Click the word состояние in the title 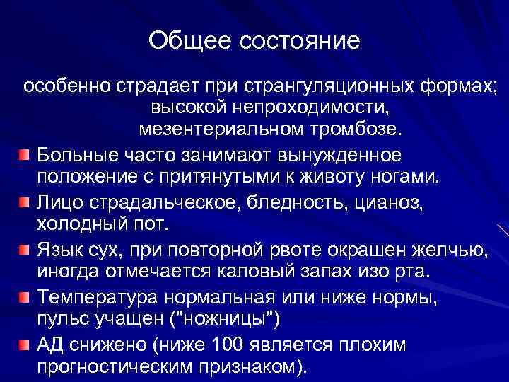[300, 40]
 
